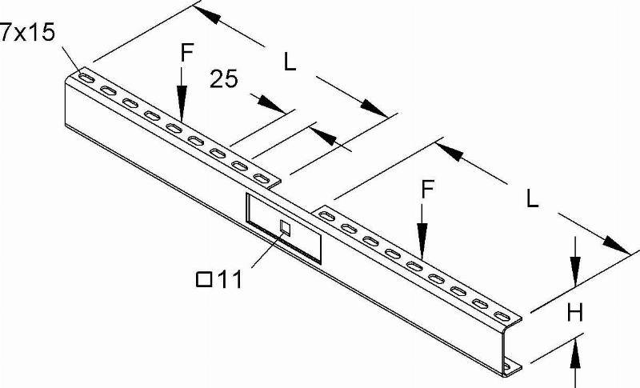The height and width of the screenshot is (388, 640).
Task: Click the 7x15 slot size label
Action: coord(27,32)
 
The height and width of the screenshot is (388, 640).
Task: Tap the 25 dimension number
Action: coord(224,78)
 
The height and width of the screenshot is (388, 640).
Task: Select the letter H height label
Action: coord(575,313)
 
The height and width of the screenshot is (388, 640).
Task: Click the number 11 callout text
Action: coord(229,280)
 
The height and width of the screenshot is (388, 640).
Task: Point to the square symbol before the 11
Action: coord(204,280)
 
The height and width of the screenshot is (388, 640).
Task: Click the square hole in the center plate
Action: coord(285,229)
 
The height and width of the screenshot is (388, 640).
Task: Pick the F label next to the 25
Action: coord(186,53)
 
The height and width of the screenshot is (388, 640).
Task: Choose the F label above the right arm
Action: coord(427,190)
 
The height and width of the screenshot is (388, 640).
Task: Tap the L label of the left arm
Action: coord(290,63)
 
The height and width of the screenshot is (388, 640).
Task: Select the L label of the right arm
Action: coord(532,199)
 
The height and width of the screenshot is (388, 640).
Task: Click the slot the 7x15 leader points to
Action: coord(86,78)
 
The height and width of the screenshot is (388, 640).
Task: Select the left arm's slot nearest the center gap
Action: coord(262,178)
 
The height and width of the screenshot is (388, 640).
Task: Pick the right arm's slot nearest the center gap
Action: coord(326,217)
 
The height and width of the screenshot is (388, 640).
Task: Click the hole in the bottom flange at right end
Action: coord(507,366)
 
